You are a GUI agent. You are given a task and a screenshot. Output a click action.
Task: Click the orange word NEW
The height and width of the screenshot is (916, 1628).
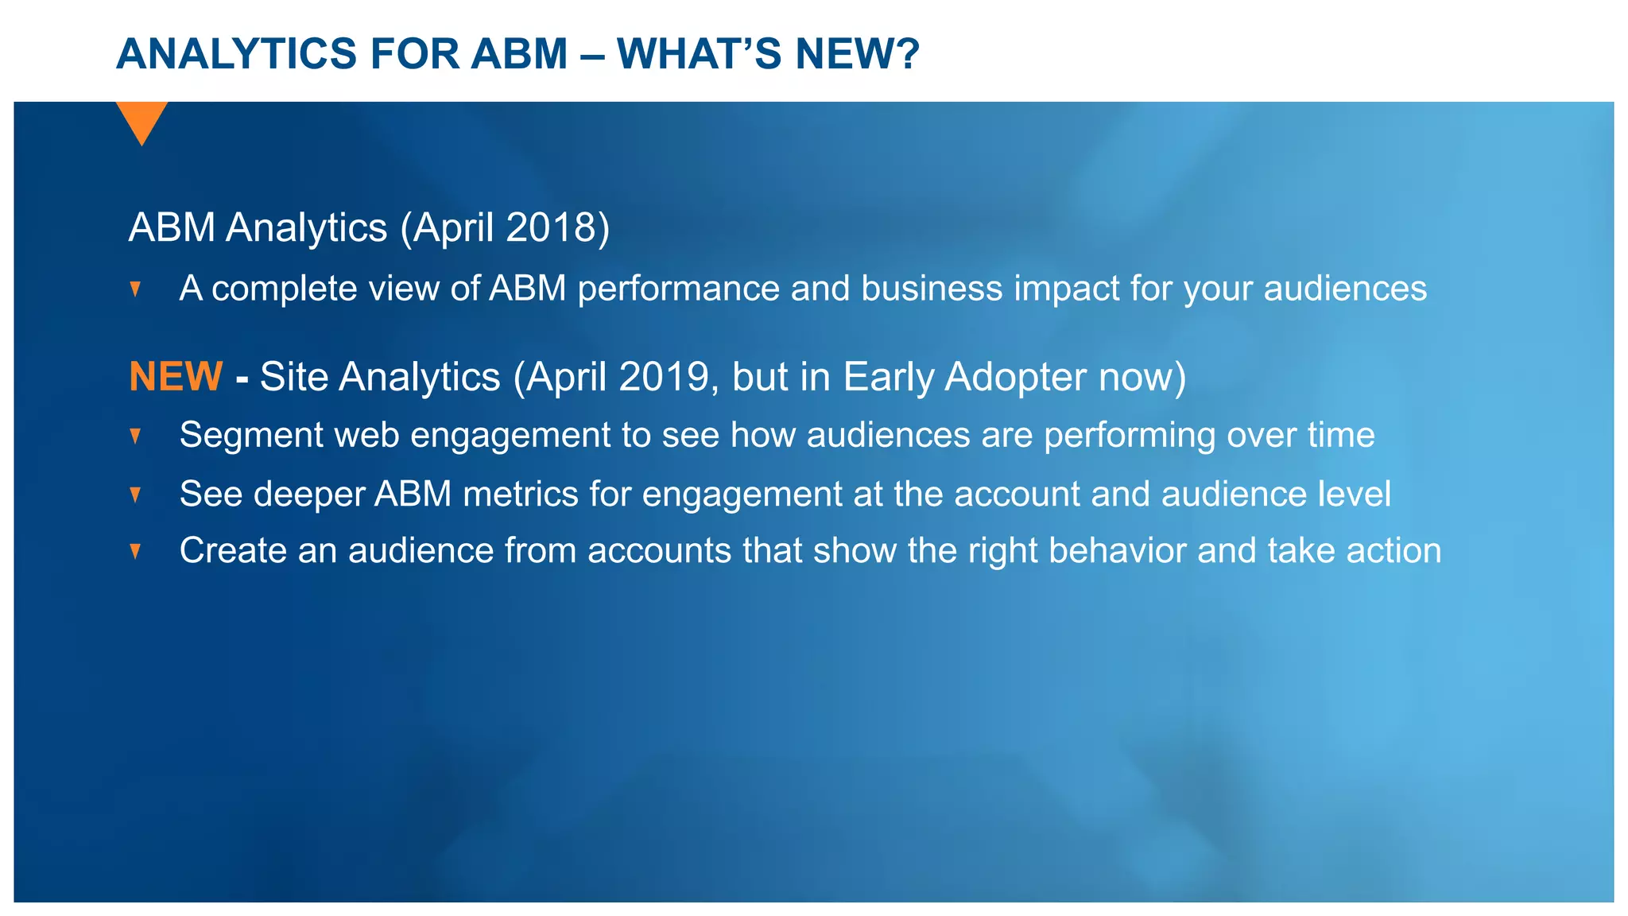[x=176, y=377]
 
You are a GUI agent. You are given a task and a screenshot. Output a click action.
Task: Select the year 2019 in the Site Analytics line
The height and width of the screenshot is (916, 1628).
[x=664, y=377]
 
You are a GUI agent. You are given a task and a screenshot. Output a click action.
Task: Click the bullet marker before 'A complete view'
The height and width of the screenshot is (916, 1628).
[x=135, y=289]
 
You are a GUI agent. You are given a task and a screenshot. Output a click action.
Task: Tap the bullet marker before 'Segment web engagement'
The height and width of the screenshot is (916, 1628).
[x=135, y=436]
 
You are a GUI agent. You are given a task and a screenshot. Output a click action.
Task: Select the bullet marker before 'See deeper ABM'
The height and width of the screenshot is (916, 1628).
[x=135, y=495]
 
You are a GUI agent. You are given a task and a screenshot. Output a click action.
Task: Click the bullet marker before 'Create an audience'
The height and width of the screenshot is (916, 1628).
[x=135, y=551]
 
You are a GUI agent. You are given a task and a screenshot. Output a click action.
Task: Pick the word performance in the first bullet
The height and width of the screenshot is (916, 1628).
[x=678, y=289]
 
